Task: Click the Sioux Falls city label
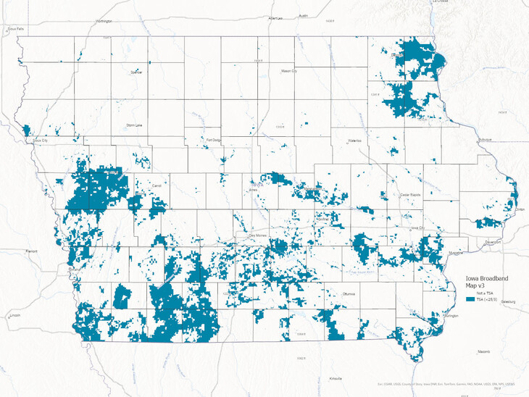point(16,29)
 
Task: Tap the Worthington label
point(104,21)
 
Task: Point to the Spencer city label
point(136,72)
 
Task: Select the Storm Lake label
point(134,125)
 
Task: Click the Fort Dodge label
point(213,140)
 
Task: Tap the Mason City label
point(289,71)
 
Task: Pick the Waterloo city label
point(355,139)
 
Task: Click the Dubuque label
point(486,139)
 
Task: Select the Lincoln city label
point(14,316)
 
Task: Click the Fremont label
point(31,251)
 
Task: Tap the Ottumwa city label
point(351,294)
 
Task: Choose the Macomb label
point(484,351)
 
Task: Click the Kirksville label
point(336,378)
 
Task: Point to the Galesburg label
point(507,301)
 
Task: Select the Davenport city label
point(493,242)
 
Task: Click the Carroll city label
point(156,185)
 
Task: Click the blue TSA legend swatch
point(470,298)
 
